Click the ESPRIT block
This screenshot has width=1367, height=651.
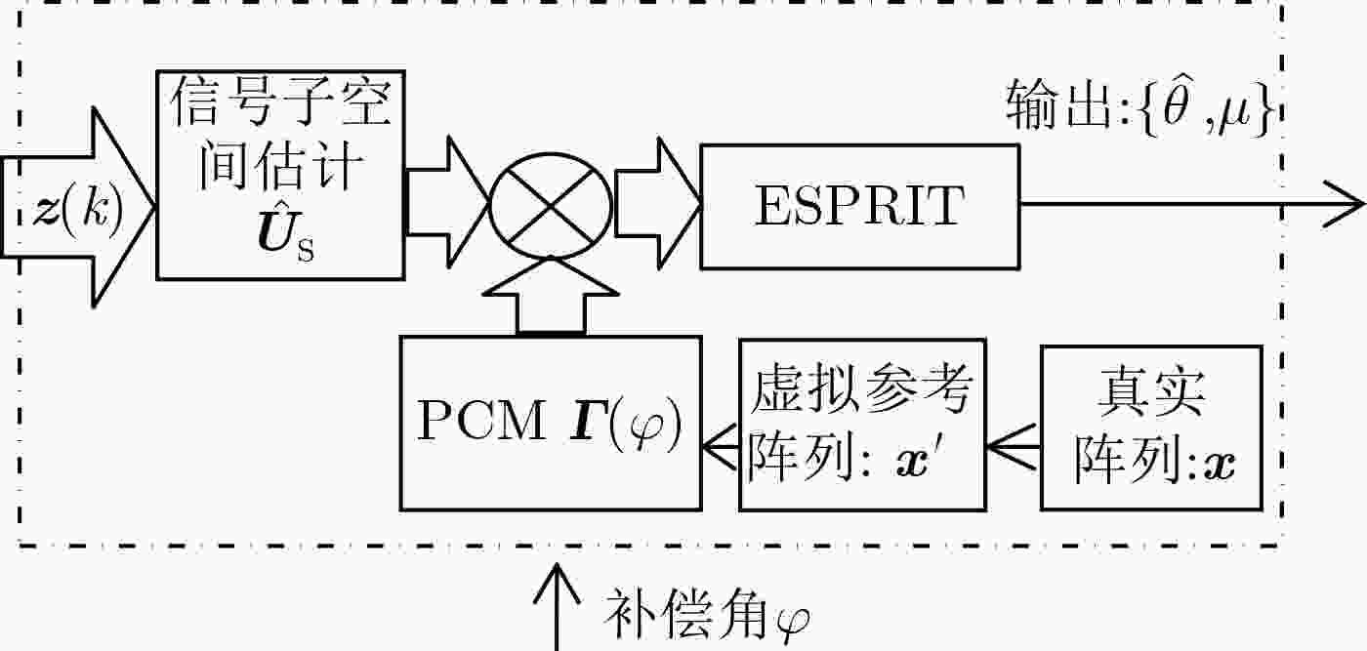(860, 206)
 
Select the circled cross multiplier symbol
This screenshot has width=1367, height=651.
(551, 206)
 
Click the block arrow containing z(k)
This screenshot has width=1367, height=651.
(77, 208)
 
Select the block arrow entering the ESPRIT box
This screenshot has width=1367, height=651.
(657, 204)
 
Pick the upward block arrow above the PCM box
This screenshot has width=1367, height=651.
(551, 296)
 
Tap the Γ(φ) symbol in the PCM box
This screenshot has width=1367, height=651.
(625, 423)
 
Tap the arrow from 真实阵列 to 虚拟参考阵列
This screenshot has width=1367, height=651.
(1013, 447)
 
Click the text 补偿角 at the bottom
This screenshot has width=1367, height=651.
(685, 613)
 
